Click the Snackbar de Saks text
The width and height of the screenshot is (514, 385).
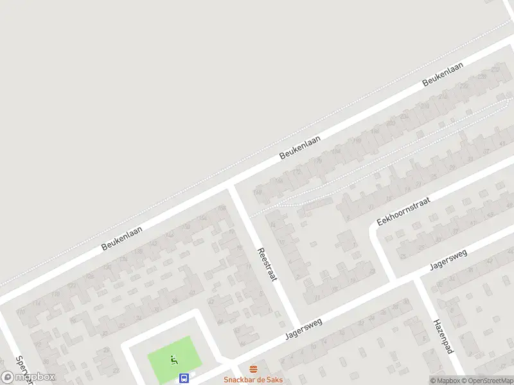[x=253, y=379]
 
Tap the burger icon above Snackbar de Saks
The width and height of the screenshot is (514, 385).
[x=253, y=369]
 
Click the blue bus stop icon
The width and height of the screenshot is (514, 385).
[x=184, y=378]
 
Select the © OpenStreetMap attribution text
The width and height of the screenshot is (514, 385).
[x=484, y=381]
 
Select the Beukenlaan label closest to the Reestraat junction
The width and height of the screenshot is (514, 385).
[x=299, y=148]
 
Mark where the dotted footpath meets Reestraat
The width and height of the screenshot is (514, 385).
[x=250, y=216]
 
